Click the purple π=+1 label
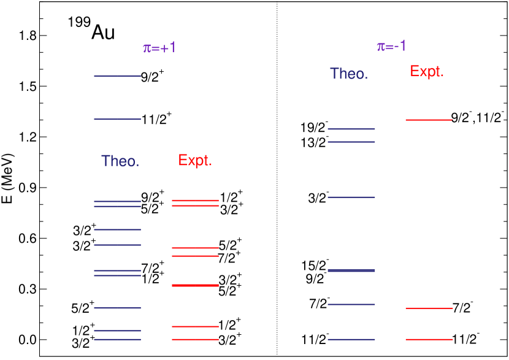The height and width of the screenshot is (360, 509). pyautogui.click(x=159, y=48)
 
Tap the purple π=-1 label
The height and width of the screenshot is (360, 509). pyautogui.click(x=391, y=47)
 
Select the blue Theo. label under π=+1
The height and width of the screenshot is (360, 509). pyautogui.click(x=120, y=161)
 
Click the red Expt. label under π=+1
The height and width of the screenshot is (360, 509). pyautogui.click(x=195, y=161)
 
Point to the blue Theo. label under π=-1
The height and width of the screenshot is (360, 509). pyautogui.click(x=349, y=74)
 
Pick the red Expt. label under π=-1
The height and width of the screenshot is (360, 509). pyautogui.click(x=427, y=72)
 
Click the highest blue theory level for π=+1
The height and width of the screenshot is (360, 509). pyautogui.click(x=117, y=76)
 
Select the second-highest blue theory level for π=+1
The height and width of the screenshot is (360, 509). pyautogui.click(x=117, y=119)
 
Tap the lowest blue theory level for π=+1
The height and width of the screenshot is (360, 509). pyautogui.click(x=117, y=339)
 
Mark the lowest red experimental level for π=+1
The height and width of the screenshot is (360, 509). pyautogui.click(x=195, y=339)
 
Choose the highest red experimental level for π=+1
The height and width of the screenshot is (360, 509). pyautogui.click(x=195, y=200)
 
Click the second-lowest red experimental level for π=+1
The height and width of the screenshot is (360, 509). pyautogui.click(x=195, y=326)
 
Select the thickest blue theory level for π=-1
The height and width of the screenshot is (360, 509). pyautogui.click(x=351, y=270)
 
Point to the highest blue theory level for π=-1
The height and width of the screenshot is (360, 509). pyautogui.click(x=351, y=129)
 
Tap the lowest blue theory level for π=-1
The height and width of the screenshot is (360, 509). pyautogui.click(x=351, y=339)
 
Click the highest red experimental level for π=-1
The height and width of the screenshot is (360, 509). pyautogui.click(x=429, y=120)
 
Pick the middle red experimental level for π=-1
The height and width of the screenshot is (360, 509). pyautogui.click(x=429, y=308)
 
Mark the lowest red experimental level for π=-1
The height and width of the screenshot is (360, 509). pyautogui.click(x=429, y=339)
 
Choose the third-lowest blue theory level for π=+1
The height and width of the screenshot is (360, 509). pyautogui.click(x=117, y=307)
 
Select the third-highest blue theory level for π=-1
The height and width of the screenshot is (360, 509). pyautogui.click(x=351, y=197)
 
